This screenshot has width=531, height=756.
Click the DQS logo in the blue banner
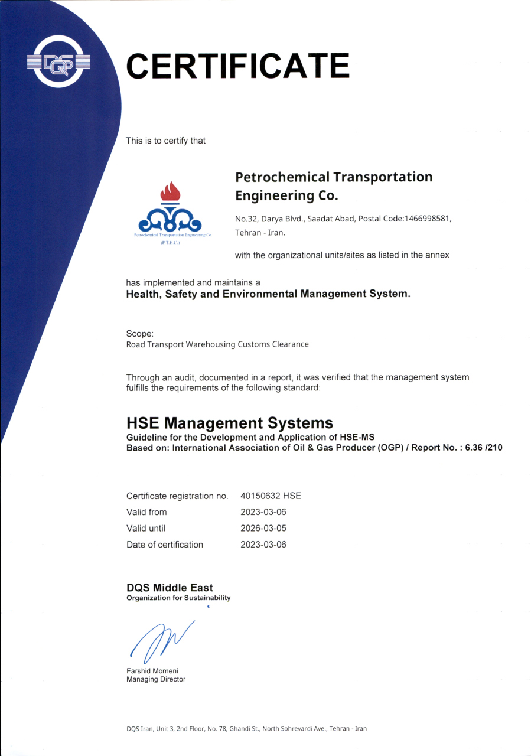click(x=58, y=61)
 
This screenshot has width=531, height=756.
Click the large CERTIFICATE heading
click(x=237, y=66)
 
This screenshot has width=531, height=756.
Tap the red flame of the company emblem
click(x=170, y=193)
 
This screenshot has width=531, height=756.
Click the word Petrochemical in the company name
click(x=282, y=177)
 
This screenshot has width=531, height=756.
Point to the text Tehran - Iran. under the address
click(x=260, y=233)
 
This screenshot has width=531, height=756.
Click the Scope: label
click(x=140, y=333)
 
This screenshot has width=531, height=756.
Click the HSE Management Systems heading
click(x=230, y=423)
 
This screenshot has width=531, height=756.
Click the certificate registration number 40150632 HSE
click(x=271, y=496)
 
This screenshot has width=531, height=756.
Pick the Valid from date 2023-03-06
click(x=263, y=512)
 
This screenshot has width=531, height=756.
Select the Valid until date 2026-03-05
click(x=263, y=528)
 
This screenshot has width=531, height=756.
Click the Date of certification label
click(x=165, y=545)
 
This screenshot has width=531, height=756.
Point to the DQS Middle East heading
click(x=170, y=588)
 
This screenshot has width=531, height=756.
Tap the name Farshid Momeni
click(x=152, y=671)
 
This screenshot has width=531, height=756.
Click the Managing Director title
click(x=156, y=679)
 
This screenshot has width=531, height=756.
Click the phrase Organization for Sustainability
click(x=178, y=598)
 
